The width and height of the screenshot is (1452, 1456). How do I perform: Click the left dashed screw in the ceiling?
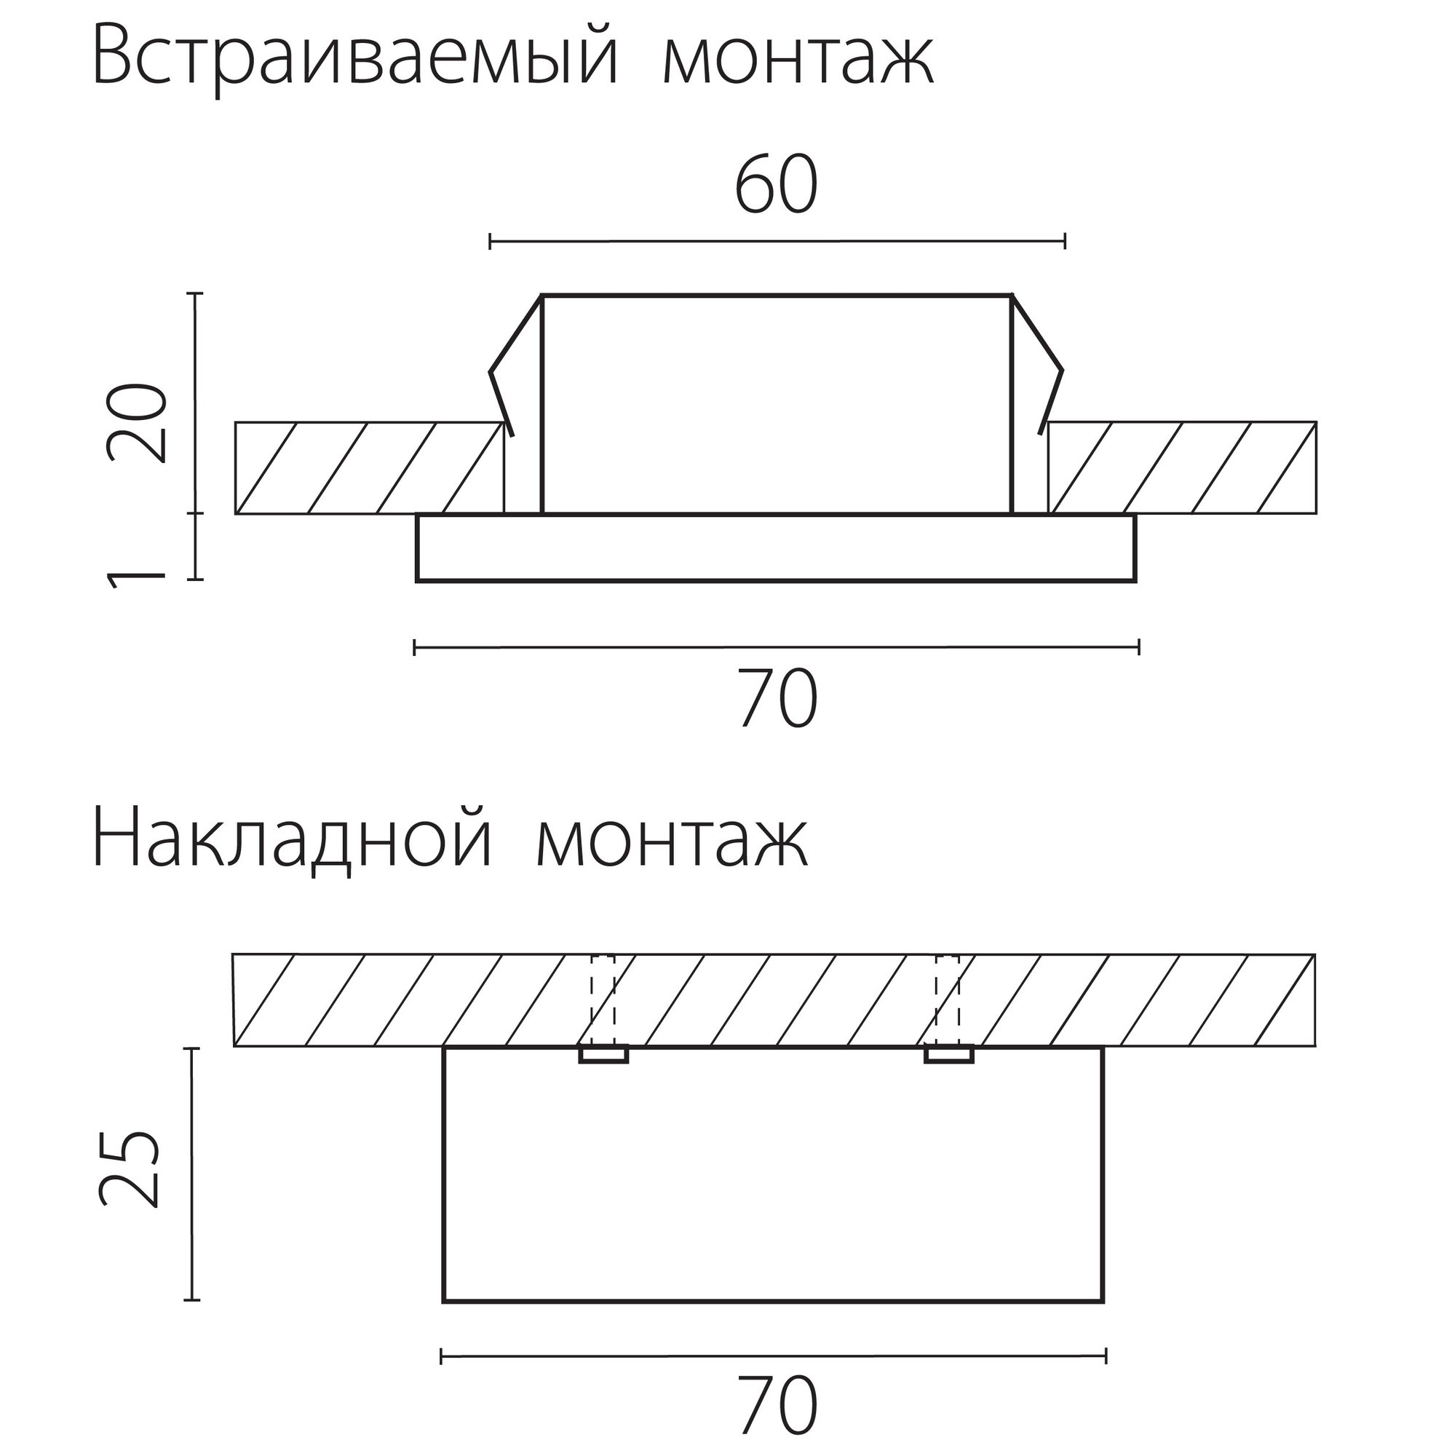[603, 1009]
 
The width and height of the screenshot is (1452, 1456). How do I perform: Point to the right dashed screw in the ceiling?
[948, 1009]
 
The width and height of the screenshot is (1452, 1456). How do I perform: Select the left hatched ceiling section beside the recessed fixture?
[369, 468]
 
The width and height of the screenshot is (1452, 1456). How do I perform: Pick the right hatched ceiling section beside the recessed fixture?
[1182, 468]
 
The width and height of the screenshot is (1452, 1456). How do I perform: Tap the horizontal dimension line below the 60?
[777, 241]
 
